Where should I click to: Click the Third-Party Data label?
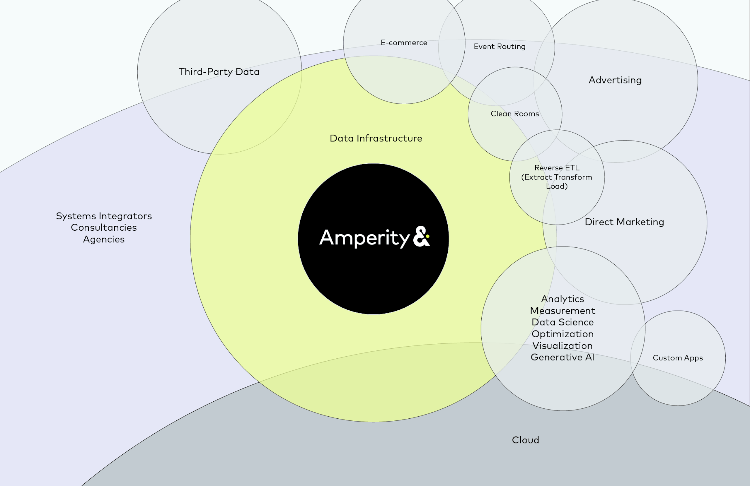tap(219, 72)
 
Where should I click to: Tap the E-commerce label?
tap(404, 42)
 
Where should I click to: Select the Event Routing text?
tap(500, 47)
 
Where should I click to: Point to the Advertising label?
tap(615, 80)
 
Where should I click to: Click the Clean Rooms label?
tap(515, 114)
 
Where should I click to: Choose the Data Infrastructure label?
tap(376, 138)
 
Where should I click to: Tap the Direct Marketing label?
tap(624, 222)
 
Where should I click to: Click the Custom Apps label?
tap(678, 358)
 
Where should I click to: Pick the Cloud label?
tap(525, 440)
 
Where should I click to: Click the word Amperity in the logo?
tap(364, 238)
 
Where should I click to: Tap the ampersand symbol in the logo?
tap(421, 236)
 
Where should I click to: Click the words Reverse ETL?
tap(557, 168)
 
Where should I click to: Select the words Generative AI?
tap(562, 357)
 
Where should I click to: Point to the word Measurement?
tap(562, 311)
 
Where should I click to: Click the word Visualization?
tap(562, 345)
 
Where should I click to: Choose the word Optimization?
tap(562, 334)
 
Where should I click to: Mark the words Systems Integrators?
tap(104, 216)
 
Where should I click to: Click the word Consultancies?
tap(104, 227)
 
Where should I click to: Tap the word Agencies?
tap(104, 239)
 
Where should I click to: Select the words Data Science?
tap(562, 322)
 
